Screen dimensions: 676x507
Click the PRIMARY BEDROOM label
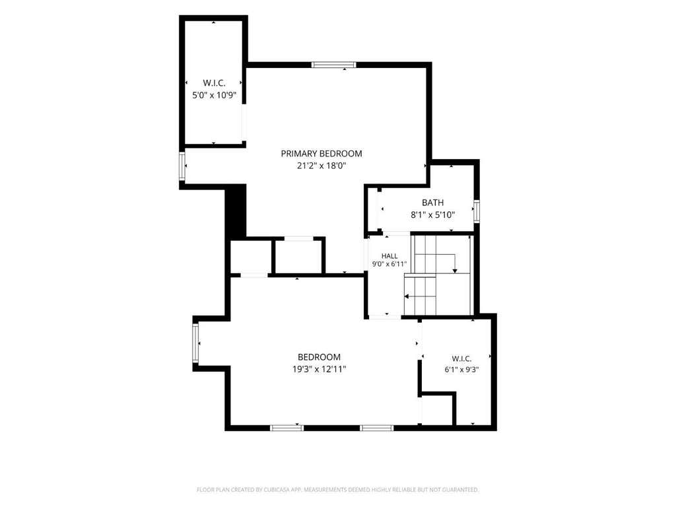pyautogui.click(x=321, y=153)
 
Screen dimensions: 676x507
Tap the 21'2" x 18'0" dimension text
pyautogui.click(x=321, y=166)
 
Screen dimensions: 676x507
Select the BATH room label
pyautogui.click(x=432, y=203)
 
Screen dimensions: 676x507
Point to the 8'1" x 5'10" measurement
pyautogui.click(x=433, y=215)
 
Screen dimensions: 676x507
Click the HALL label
pyautogui.click(x=389, y=256)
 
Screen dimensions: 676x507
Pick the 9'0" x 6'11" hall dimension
pyautogui.click(x=389, y=264)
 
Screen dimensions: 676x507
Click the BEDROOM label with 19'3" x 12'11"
pyautogui.click(x=319, y=357)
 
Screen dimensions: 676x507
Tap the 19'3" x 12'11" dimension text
pyautogui.click(x=319, y=369)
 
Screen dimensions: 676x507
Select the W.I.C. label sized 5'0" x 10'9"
pyautogui.click(x=215, y=83)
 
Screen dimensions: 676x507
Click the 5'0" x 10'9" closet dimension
pyautogui.click(x=215, y=95)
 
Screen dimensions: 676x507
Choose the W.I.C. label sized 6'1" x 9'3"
pyautogui.click(x=461, y=358)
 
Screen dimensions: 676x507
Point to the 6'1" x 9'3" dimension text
pyautogui.click(x=461, y=370)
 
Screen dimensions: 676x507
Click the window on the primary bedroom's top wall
pyautogui.click(x=334, y=65)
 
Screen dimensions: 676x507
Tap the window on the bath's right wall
pyautogui.click(x=477, y=212)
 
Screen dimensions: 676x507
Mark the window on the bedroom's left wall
pyautogui.click(x=195, y=343)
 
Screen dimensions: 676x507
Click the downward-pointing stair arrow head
pyautogui.click(x=455, y=270)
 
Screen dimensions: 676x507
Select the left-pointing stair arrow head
pyautogui.click(x=407, y=296)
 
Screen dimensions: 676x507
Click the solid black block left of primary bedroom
pyautogui.click(x=236, y=211)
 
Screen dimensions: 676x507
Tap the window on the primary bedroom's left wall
pyautogui.click(x=182, y=166)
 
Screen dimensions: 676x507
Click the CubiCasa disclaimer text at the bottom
pyautogui.click(x=337, y=490)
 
